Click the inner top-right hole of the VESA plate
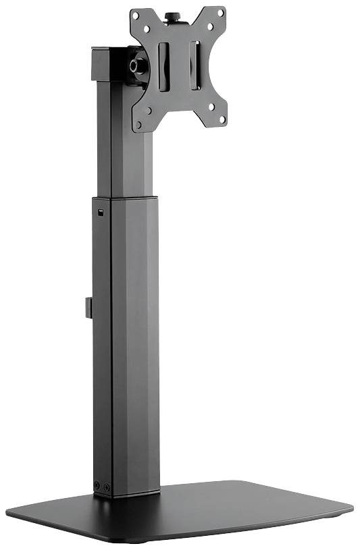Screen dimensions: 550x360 coord(210,27)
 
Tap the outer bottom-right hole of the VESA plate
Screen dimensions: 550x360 coord(222,119)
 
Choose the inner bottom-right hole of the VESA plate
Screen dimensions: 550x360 coord(211,107)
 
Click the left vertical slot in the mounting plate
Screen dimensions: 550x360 coord(163,67)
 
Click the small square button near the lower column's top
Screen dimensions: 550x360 coord(101,215)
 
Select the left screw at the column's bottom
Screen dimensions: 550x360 coord(97,486)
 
